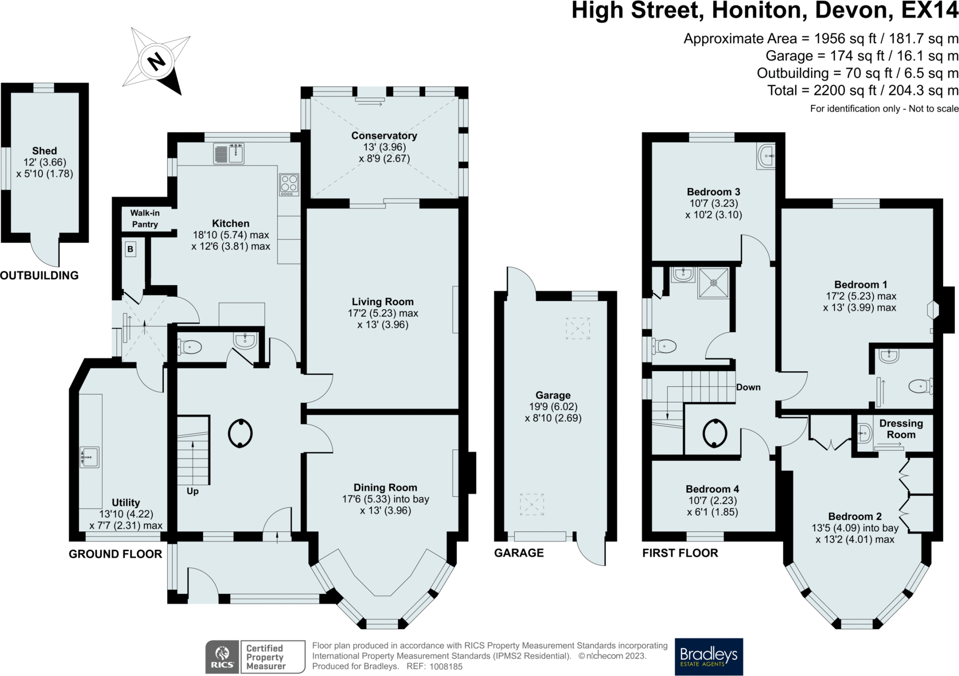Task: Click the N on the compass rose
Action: click(156, 61)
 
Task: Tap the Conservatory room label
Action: click(384, 136)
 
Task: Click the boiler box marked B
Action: click(131, 249)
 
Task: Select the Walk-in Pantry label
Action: click(145, 219)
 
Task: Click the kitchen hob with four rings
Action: click(289, 184)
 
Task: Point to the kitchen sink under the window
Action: click(229, 153)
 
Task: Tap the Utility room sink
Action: click(89, 457)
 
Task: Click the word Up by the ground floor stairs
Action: click(192, 491)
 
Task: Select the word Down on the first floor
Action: click(748, 387)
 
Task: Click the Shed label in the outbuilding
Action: click(44, 151)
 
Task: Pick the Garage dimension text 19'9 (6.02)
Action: click(553, 407)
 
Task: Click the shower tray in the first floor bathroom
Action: click(714, 283)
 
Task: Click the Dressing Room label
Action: click(901, 429)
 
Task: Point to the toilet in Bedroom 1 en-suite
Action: click(921, 386)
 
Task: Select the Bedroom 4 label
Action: click(712, 489)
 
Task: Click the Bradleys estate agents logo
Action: click(709, 656)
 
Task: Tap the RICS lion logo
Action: click(222, 657)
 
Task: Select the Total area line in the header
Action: click(863, 90)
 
